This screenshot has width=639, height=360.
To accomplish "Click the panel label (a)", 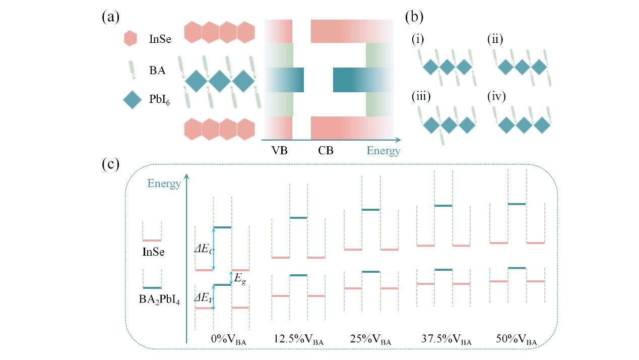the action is tap(110, 18).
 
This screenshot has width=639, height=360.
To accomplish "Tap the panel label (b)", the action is tap(414, 18).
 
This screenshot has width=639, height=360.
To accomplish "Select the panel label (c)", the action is tap(110, 164).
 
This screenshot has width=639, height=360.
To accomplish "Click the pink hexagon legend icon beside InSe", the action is tap(131, 38).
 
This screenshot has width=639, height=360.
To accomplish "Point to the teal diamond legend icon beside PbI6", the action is tap(132, 100).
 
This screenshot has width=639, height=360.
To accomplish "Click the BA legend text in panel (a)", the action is tap(157, 70).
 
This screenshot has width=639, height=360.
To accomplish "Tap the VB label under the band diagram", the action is tap(279, 150).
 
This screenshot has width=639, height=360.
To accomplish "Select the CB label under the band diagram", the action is tap(326, 150).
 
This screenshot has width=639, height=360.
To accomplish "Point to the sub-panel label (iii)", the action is tap(421, 96).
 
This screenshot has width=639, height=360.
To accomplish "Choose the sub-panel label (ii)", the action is tap(495, 39).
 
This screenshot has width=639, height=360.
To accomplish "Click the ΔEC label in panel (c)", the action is tap(204, 249).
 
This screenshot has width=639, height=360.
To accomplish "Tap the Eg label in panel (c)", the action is tap(240, 279).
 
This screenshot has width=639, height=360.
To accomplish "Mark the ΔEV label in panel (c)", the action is tap(204, 298).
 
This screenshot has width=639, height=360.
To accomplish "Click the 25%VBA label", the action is tap(370, 339).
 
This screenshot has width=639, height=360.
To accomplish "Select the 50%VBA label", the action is tap(517, 339).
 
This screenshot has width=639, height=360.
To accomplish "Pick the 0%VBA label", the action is tap(228, 339).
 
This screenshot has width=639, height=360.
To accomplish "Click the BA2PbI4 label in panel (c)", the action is tap(159, 300).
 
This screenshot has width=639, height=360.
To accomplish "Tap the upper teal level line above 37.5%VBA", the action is tap(443, 206).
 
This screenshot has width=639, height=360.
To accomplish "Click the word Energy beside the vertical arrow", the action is tap(164, 184).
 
